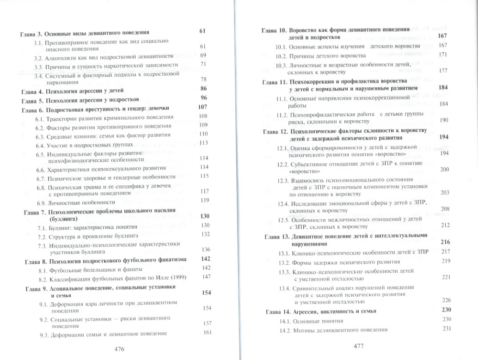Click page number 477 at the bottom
pyautogui.click(x=359, y=346)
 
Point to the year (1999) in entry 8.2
pyautogui.click(x=168, y=277)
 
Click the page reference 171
pyautogui.click(x=443, y=55)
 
